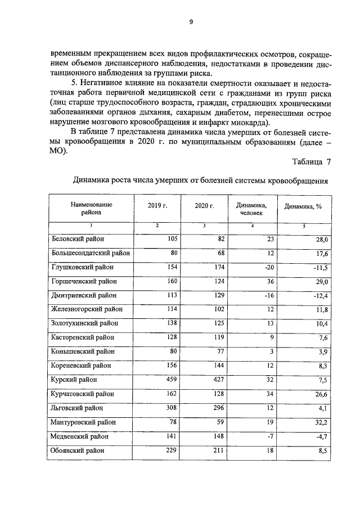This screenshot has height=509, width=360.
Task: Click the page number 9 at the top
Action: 191,22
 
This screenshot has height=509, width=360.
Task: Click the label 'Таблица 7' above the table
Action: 312,162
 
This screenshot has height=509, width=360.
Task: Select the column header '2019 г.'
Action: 158,206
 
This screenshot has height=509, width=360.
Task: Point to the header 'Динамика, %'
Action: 303,206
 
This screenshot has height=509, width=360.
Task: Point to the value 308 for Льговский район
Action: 171,408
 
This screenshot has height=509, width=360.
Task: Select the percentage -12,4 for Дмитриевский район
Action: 319,296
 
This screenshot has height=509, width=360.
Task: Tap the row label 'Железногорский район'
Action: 87,309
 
